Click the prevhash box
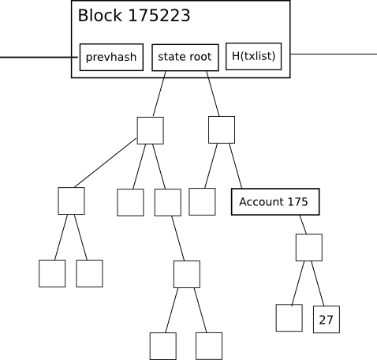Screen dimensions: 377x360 click(111, 57)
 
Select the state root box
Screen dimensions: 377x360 click(185, 58)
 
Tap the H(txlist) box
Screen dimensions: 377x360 click(254, 56)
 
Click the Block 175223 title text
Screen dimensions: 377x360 click(134, 16)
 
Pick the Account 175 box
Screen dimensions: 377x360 click(275, 202)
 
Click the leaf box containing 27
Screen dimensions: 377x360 click(327, 320)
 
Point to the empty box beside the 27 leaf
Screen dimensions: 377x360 click(289, 318)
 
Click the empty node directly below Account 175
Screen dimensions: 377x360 click(309, 247)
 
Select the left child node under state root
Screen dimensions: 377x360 click(151, 130)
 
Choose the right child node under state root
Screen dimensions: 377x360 click(222, 129)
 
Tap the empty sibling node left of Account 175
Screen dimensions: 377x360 click(202, 201)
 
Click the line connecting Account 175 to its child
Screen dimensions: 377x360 click(303, 224)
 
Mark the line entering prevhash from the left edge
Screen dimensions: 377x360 click(39, 57)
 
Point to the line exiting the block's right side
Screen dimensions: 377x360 click(334, 54)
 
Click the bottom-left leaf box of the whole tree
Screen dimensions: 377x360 click(52, 273)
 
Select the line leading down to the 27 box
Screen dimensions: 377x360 click(318, 283)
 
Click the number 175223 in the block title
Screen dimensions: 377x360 click(159, 16)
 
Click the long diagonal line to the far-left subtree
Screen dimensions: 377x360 click(106, 163)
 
